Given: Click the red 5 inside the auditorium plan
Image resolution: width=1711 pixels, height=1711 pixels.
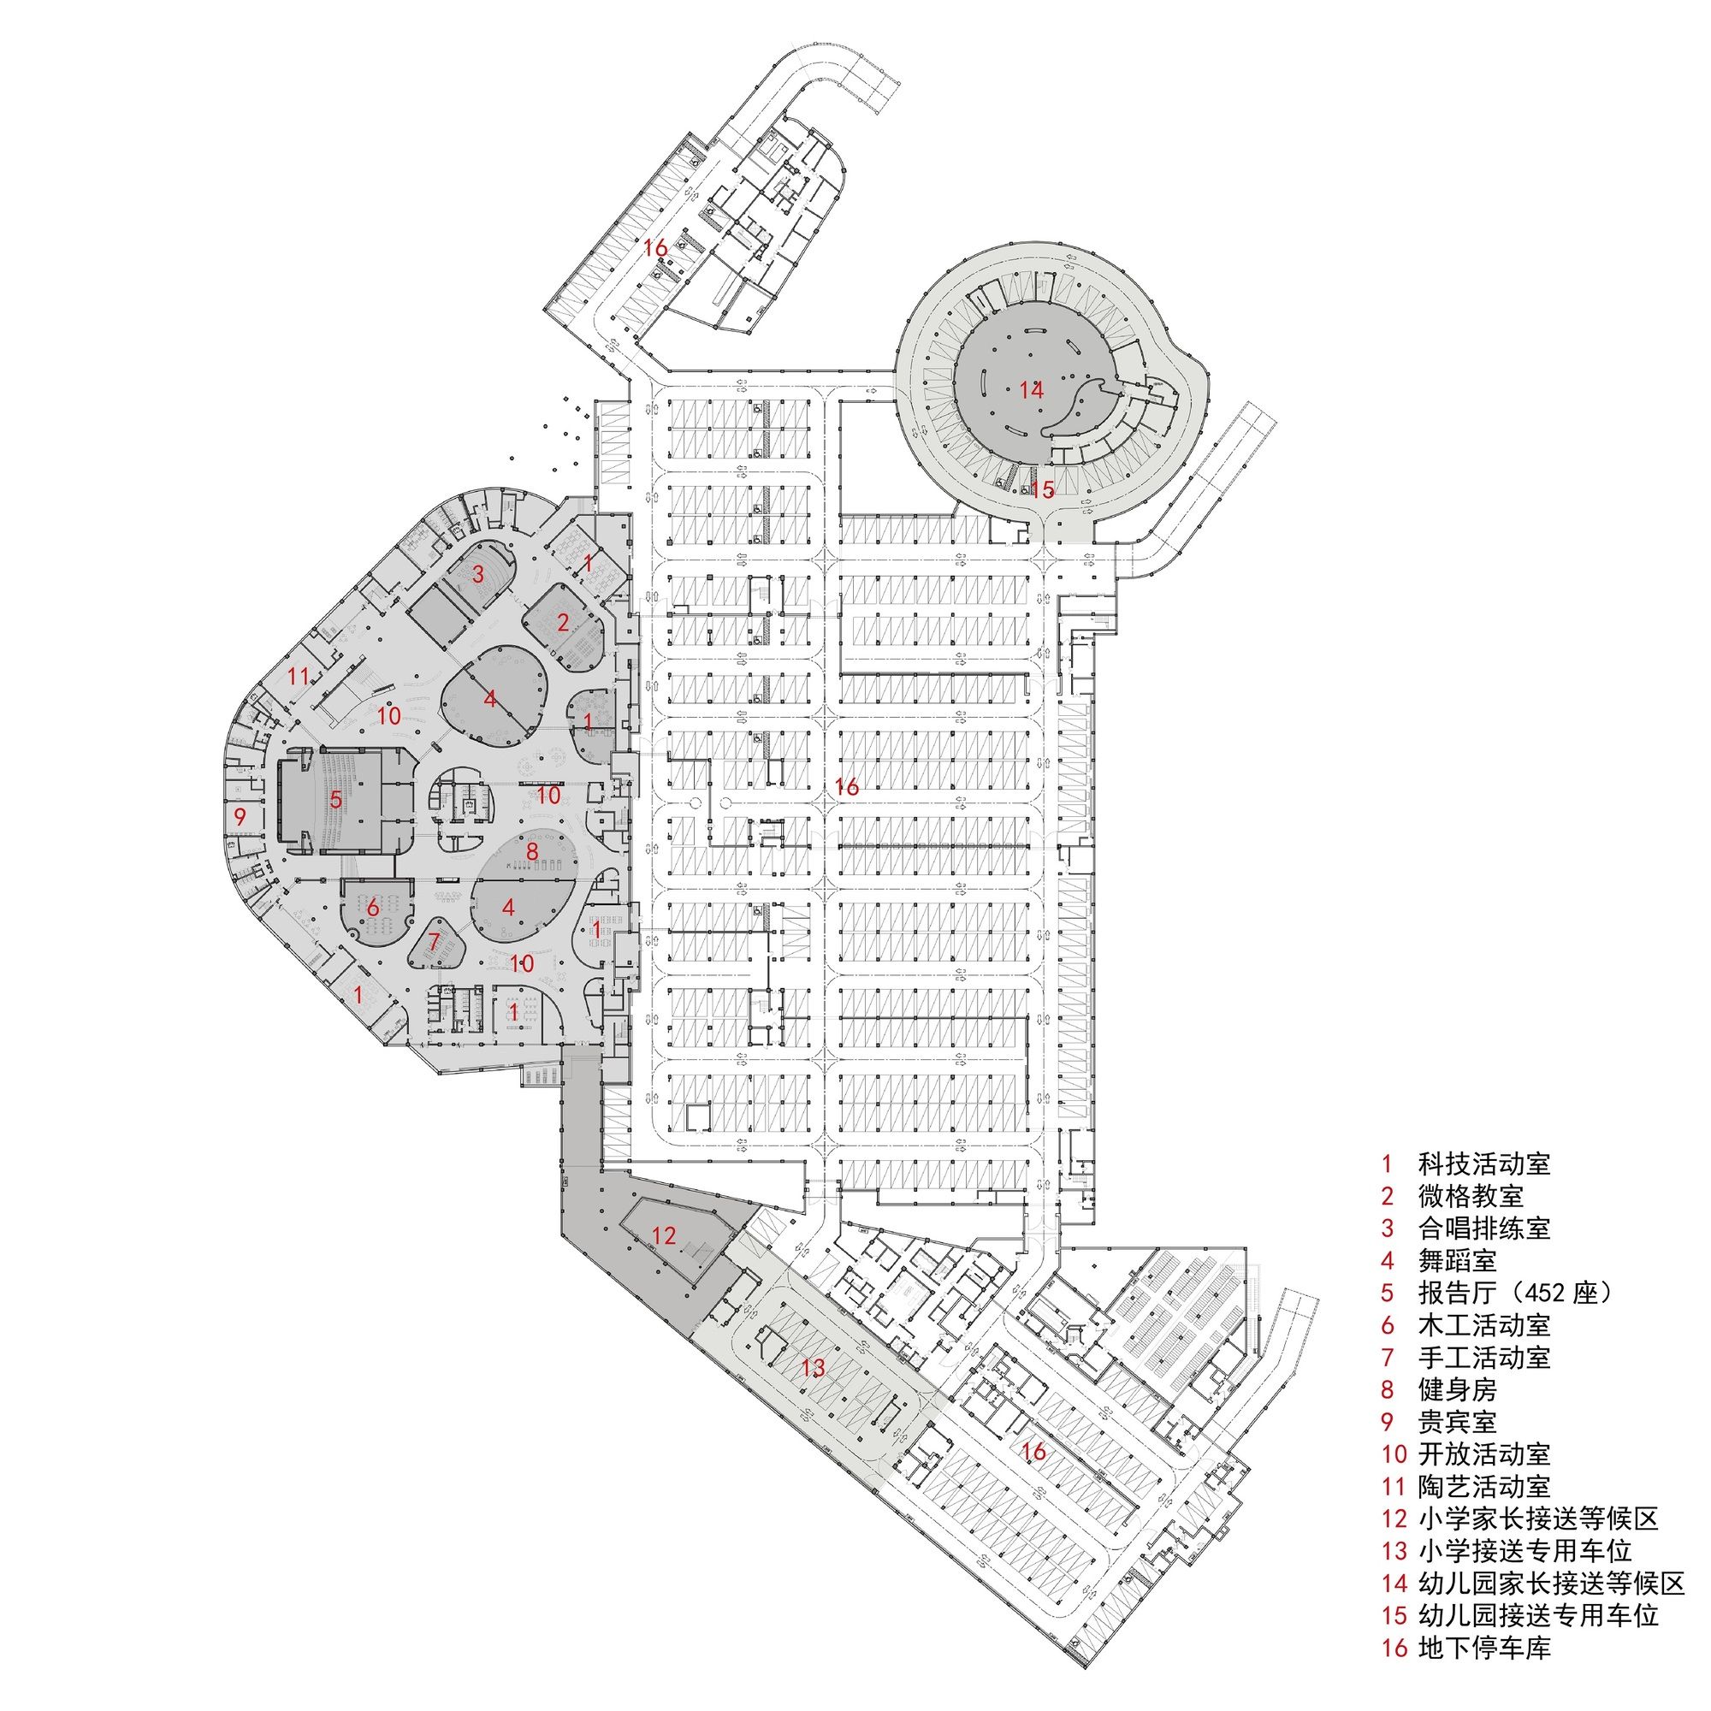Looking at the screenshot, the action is (x=335, y=801).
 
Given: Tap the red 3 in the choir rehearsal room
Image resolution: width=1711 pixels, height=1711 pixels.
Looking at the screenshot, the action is (x=478, y=574).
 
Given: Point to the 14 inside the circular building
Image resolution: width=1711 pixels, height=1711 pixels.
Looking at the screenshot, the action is (x=1032, y=388).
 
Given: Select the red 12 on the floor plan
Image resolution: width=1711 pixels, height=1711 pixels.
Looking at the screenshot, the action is (x=664, y=1234).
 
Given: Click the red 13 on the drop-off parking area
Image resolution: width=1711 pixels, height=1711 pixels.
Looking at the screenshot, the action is (x=813, y=1368).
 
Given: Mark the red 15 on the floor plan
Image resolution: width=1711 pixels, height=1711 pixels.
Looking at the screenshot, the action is (x=1043, y=488).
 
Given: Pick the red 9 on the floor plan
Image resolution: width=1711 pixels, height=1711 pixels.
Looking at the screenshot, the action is (x=240, y=814).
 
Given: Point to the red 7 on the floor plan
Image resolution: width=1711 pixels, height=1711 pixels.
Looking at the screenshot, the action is (x=434, y=942).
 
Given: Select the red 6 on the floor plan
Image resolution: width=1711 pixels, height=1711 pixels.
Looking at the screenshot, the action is (x=373, y=907).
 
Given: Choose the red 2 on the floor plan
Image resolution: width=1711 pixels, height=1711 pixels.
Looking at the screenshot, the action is (x=563, y=622).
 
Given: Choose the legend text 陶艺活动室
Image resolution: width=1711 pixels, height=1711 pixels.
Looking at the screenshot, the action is (x=1483, y=1486).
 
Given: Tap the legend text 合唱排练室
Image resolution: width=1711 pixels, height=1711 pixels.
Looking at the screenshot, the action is (x=1483, y=1228).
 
